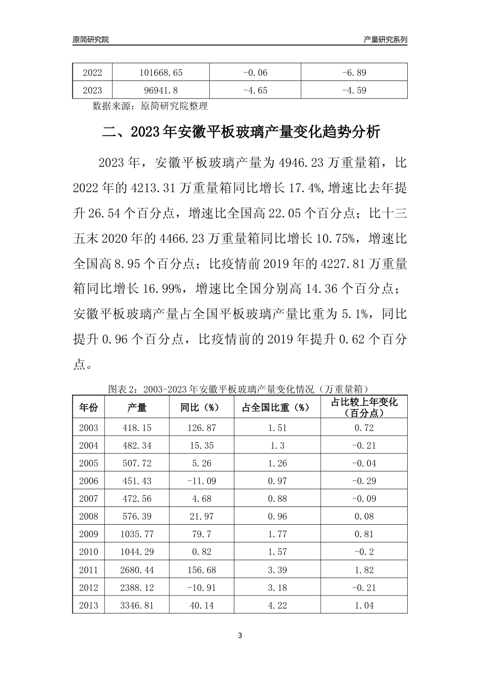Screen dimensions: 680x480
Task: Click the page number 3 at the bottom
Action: [x=240, y=635]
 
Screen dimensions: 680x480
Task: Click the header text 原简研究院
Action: [x=91, y=39]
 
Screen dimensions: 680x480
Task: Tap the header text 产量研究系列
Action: [x=385, y=39]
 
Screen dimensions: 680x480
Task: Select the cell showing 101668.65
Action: [x=161, y=72]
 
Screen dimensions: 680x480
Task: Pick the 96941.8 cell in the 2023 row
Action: [x=161, y=91]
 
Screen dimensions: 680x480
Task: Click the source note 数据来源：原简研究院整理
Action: [x=150, y=106]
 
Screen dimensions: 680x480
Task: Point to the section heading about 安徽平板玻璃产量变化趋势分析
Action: [x=241, y=133]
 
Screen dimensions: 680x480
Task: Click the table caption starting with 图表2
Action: [x=238, y=389]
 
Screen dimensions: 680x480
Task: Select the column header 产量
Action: [x=136, y=407]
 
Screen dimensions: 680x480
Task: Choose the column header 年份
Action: [x=89, y=407]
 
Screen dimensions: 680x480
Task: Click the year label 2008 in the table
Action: [x=88, y=517]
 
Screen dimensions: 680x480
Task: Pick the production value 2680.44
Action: [x=137, y=570]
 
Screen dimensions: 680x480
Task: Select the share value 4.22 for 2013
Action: [x=277, y=605]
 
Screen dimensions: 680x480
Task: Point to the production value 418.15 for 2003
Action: [x=137, y=428]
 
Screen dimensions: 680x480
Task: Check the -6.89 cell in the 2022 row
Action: [x=354, y=72]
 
